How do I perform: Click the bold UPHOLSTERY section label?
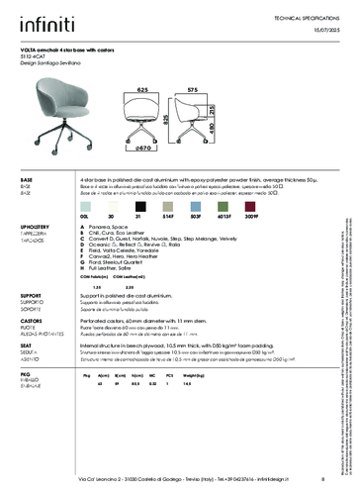coord(37,227)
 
